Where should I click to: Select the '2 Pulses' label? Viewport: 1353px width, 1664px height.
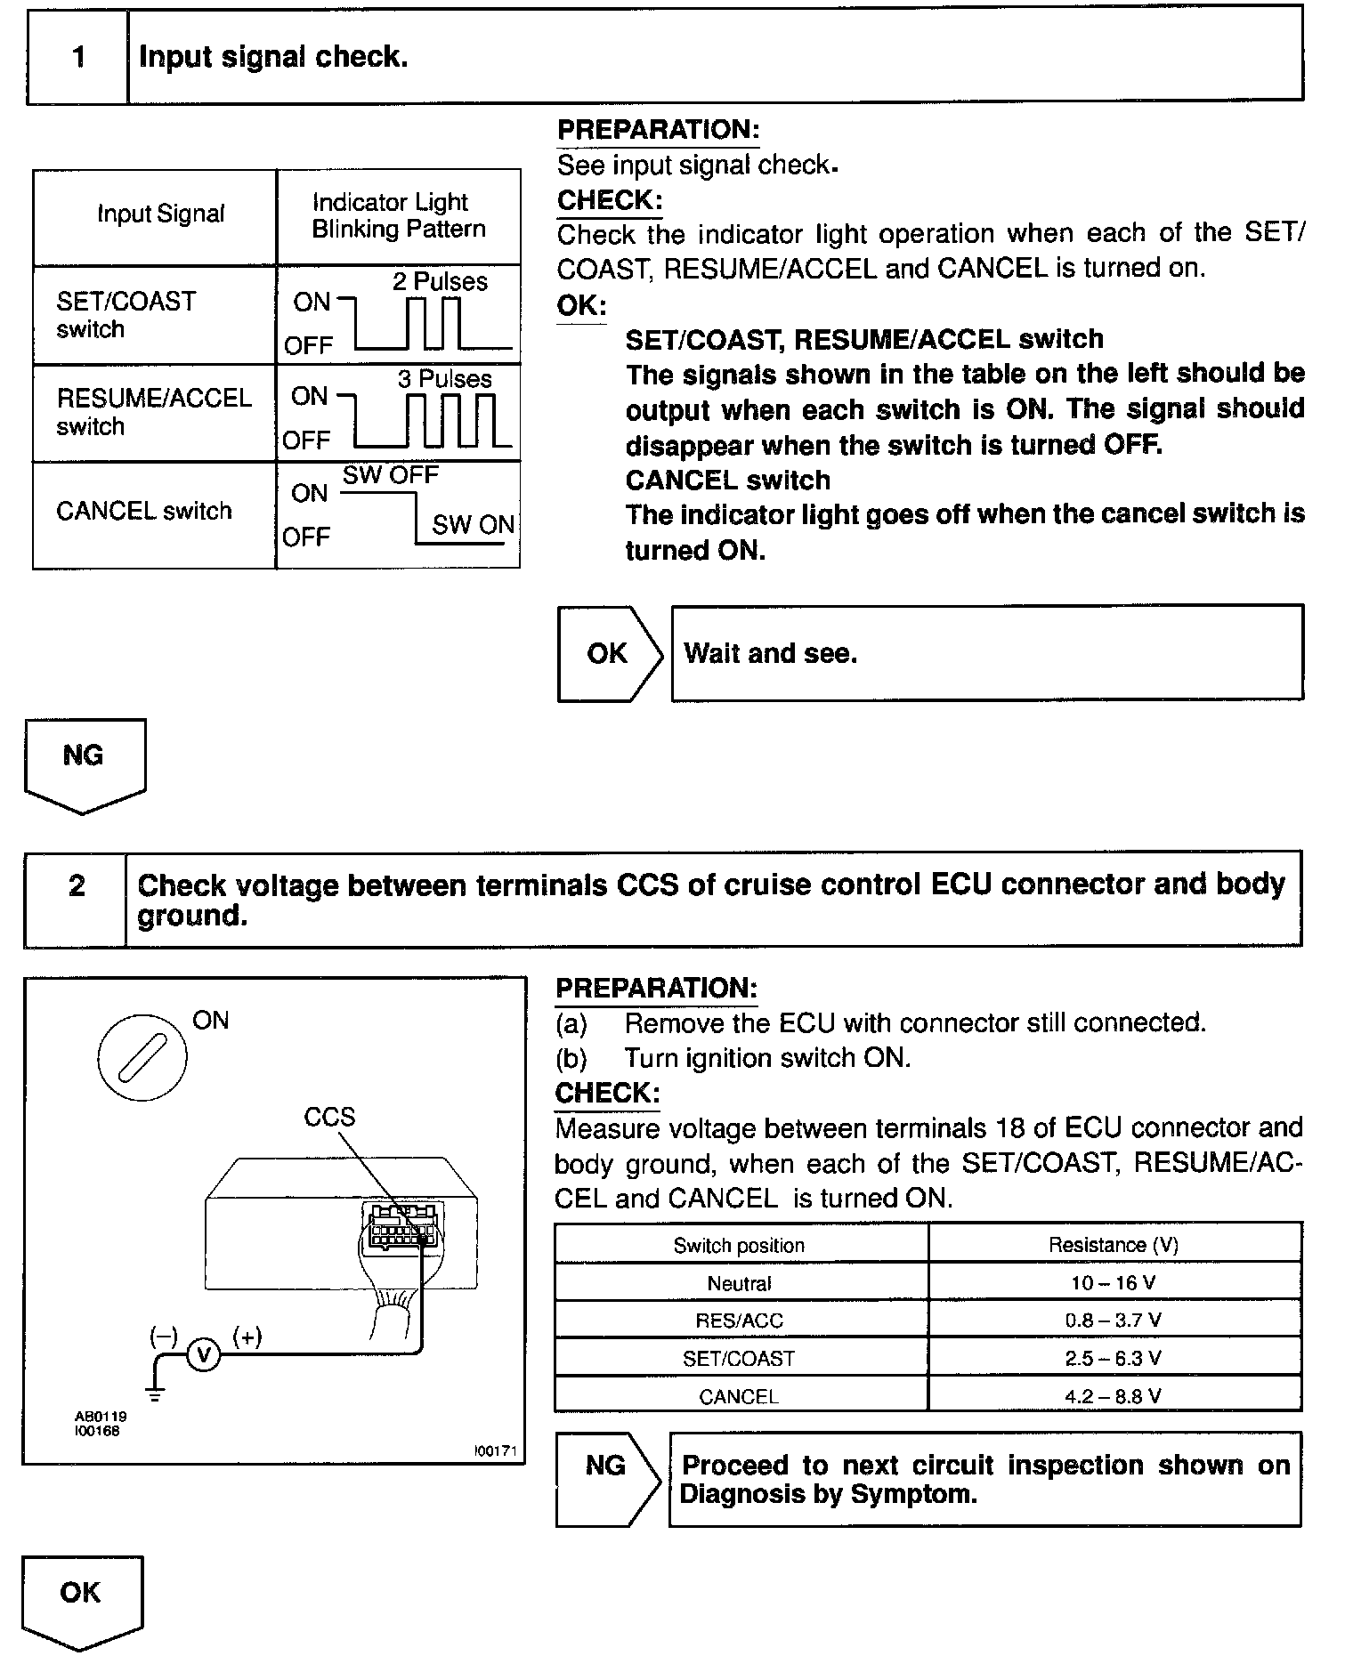[440, 282]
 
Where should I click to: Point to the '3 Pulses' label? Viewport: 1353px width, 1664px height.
[444, 379]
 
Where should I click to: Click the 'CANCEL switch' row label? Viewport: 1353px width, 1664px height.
[143, 512]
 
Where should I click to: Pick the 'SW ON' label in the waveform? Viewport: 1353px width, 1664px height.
[473, 525]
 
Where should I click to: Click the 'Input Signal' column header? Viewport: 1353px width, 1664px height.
[160, 214]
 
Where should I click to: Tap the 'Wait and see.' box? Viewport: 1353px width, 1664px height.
[986, 654]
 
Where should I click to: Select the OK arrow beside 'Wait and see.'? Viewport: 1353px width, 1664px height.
[609, 654]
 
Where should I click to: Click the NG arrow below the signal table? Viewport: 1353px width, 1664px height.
[84, 762]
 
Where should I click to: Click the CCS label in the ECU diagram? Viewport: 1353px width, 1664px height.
[329, 1118]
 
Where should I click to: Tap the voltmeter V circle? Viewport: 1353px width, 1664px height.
[204, 1354]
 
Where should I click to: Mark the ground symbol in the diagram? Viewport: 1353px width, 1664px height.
[156, 1393]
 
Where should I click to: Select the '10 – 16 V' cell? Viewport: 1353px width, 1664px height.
[1114, 1283]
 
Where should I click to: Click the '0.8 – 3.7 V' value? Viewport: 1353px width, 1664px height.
[1114, 1321]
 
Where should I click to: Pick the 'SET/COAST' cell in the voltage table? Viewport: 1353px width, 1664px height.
[739, 1359]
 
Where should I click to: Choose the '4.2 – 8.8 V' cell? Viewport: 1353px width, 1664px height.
[1114, 1396]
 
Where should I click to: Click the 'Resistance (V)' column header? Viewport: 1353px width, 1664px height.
[1114, 1245]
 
